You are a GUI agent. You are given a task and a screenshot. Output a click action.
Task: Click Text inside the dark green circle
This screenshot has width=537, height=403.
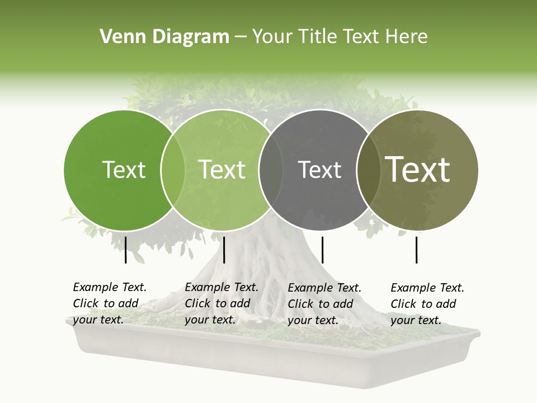click(124, 170)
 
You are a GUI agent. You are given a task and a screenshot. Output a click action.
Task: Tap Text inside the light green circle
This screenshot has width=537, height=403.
click(222, 170)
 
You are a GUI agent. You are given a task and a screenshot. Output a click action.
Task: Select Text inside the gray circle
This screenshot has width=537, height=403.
click(319, 170)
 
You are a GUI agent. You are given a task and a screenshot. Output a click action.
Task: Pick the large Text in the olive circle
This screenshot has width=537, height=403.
click(418, 170)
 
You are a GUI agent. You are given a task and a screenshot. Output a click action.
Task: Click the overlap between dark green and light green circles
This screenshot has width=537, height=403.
click(173, 170)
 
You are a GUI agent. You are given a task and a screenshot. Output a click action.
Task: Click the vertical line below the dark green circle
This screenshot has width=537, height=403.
click(126, 250)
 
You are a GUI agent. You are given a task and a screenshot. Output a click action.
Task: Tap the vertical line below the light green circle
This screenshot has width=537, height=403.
click(224, 250)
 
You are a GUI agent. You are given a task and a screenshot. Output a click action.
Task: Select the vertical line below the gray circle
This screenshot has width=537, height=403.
click(322, 250)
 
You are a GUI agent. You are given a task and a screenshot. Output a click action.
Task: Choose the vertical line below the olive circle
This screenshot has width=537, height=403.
click(417, 250)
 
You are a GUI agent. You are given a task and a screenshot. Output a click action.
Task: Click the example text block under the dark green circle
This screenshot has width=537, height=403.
click(110, 303)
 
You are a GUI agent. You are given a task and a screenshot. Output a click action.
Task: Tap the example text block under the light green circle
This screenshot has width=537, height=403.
click(222, 303)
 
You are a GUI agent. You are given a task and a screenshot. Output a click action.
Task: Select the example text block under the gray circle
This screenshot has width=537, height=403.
click(324, 304)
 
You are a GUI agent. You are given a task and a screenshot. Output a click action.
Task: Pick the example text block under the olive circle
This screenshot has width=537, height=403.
click(427, 304)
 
